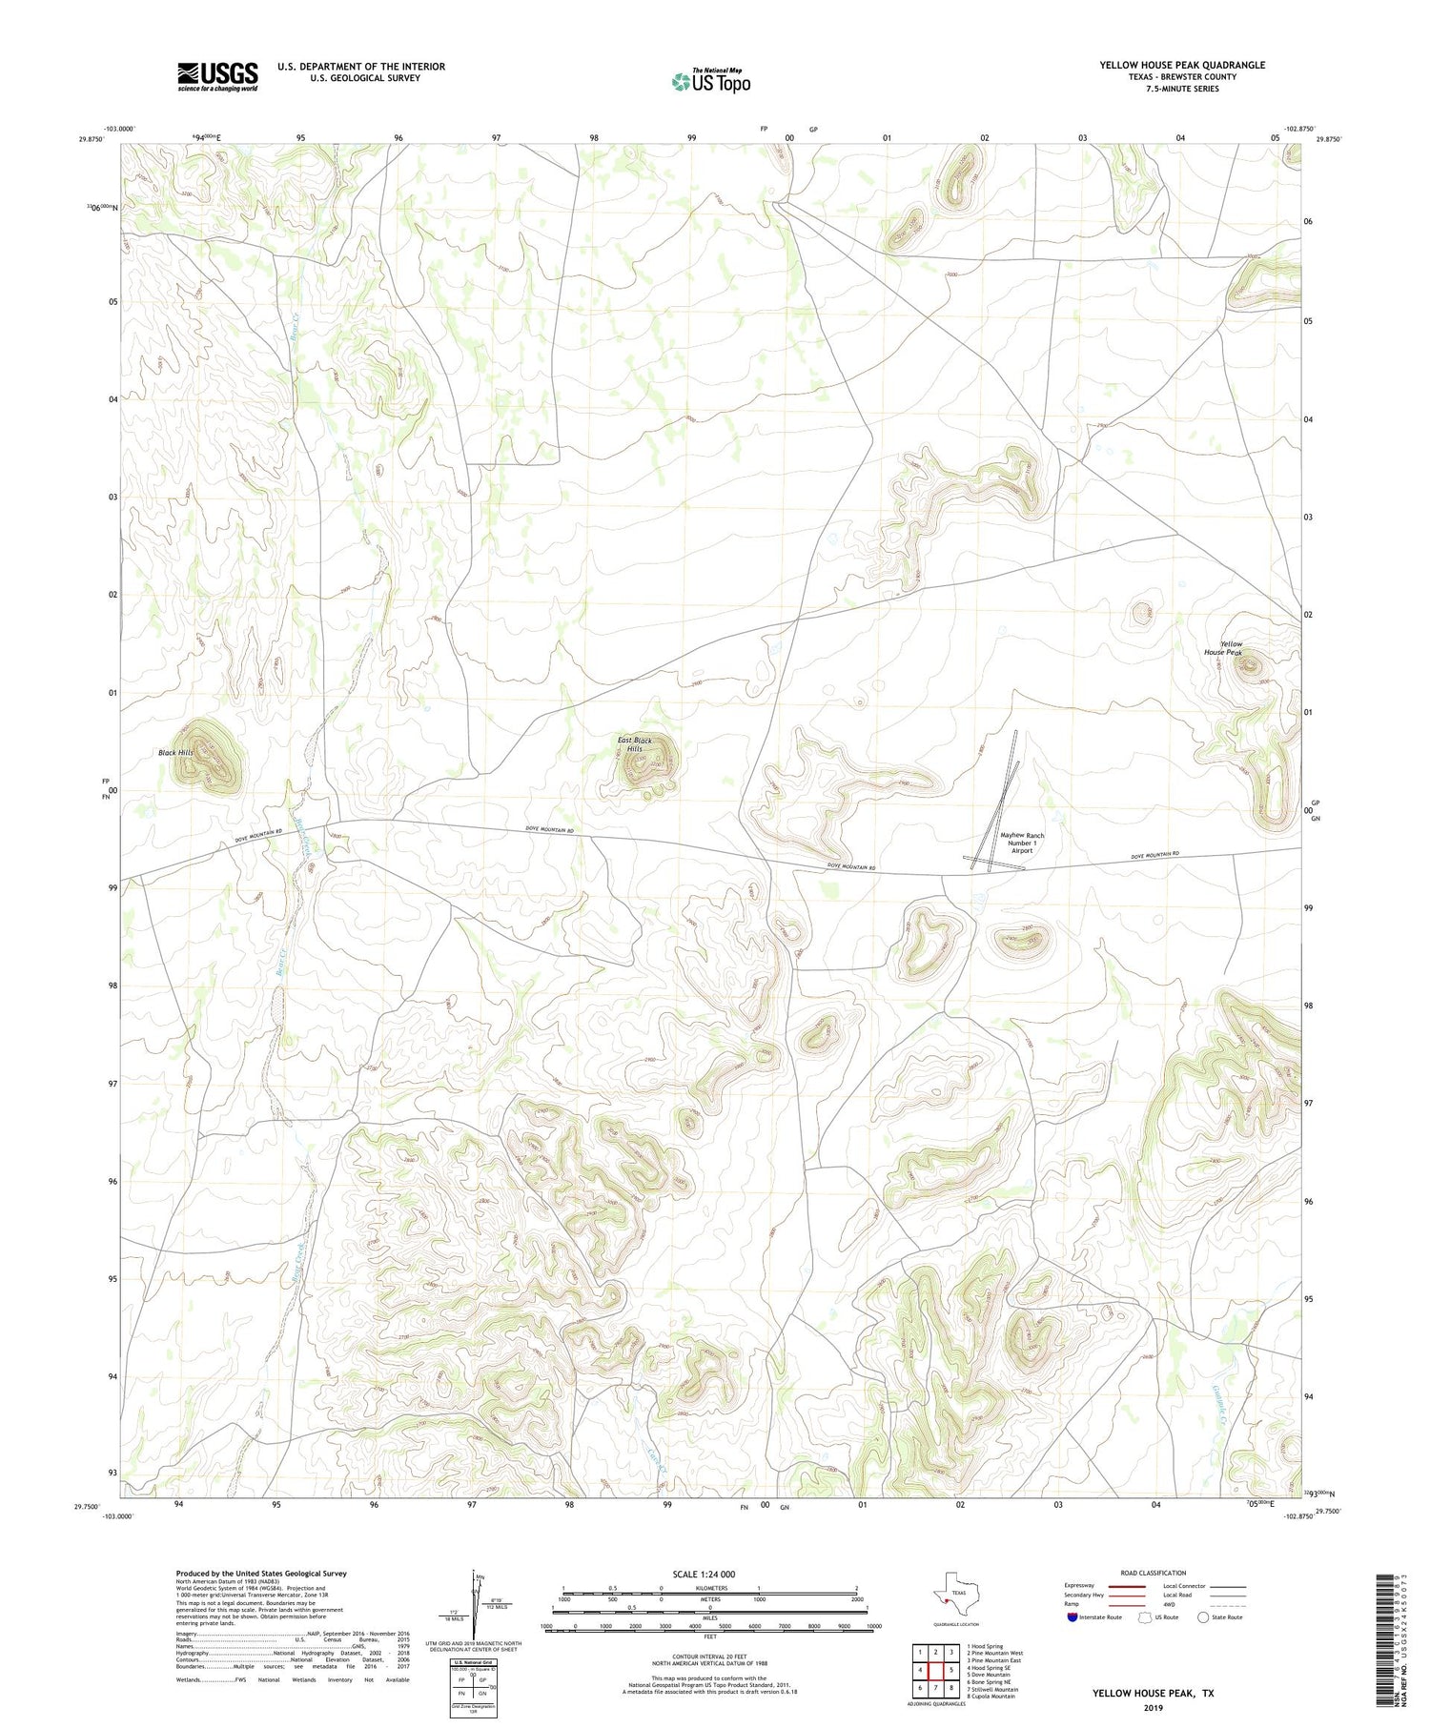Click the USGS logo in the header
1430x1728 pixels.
217,76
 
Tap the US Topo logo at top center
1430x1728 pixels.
711,81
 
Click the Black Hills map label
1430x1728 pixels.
175,752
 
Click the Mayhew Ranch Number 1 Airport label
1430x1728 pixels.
1022,843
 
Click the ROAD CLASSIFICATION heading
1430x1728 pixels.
1154,1573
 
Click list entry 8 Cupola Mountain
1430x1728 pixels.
991,1696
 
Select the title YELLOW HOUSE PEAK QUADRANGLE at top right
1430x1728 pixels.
1182,65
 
